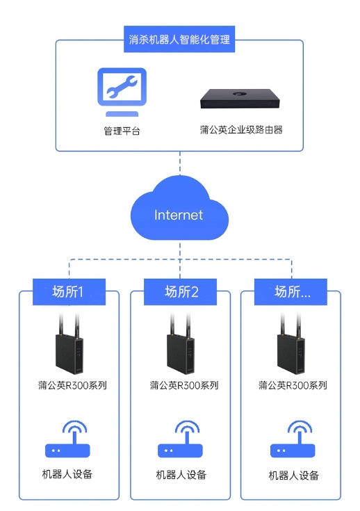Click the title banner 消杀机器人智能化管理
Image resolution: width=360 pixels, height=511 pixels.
[x=179, y=39]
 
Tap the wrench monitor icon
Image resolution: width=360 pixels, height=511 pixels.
[x=122, y=92]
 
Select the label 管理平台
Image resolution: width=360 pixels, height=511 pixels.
[x=122, y=131]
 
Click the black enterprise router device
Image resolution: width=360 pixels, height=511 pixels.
[x=240, y=99]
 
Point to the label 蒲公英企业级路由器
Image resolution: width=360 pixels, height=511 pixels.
[x=241, y=130]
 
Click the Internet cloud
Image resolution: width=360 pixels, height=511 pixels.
[x=179, y=209]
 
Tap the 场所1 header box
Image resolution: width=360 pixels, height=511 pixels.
[x=69, y=292]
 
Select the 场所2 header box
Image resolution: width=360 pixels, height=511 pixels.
[x=180, y=292]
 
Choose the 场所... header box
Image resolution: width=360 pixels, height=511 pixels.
[x=291, y=292]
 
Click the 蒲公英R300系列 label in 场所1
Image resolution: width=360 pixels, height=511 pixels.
[x=72, y=385]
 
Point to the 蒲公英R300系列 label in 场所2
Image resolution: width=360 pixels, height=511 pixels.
[x=184, y=385]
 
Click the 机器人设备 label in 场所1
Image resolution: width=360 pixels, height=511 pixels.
[x=67, y=474]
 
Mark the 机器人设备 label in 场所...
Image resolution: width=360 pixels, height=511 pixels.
[x=293, y=476]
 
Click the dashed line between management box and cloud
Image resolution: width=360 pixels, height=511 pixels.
[x=180, y=163]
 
